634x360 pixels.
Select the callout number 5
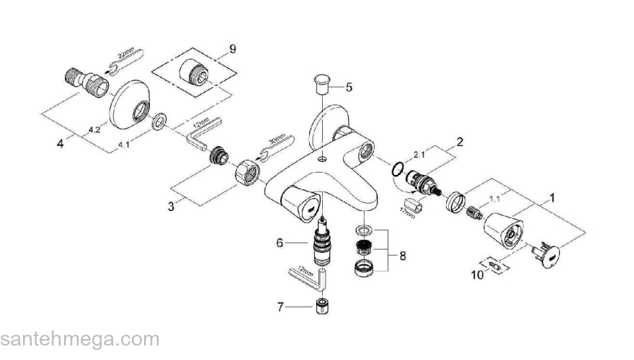(x=349, y=87)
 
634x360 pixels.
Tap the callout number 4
(x=61, y=142)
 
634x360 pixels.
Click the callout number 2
(x=458, y=141)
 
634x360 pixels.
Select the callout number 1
(x=553, y=196)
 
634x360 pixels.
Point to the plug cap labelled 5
(x=323, y=83)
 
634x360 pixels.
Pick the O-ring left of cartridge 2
(x=396, y=170)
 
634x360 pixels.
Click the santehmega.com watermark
(x=79, y=339)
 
